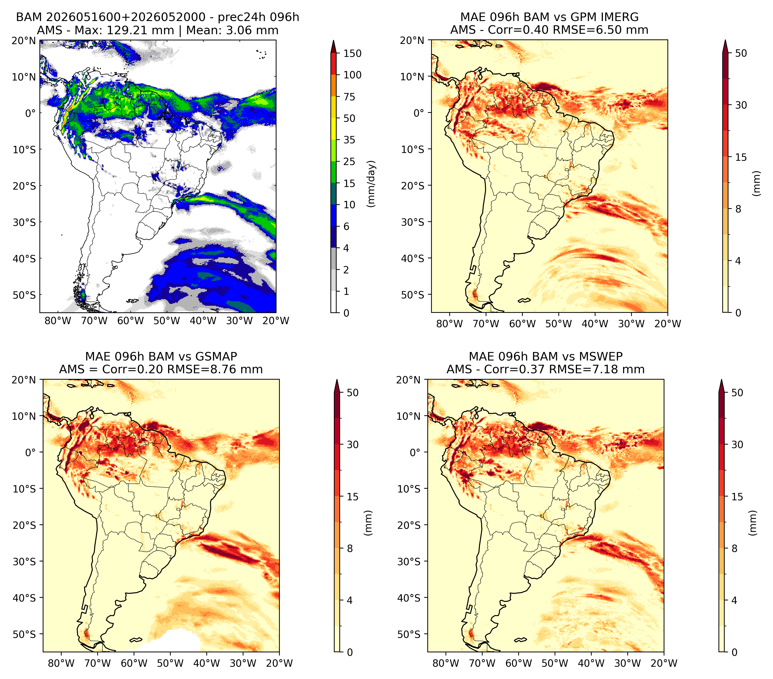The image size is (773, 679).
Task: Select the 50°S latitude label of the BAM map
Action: tap(24, 295)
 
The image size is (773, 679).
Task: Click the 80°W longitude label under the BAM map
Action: tap(58, 321)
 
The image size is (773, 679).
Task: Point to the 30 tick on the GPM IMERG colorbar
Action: tap(741, 105)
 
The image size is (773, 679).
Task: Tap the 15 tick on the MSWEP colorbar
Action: tap(737, 497)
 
